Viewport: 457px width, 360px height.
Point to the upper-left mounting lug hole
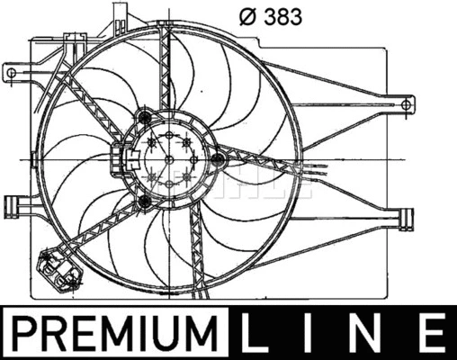[x=12, y=69]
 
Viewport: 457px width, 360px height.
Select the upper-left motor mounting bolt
[x=144, y=115]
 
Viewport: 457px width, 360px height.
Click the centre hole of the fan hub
[x=168, y=159]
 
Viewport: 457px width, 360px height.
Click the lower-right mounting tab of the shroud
[x=406, y=218]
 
